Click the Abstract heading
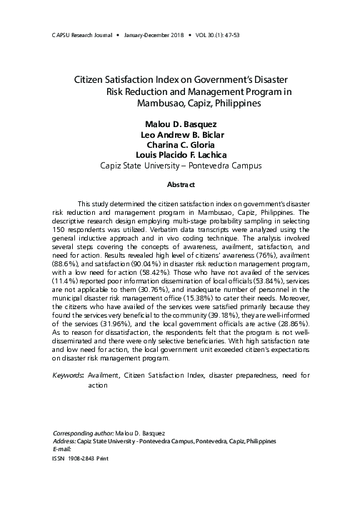[x=179, y=183]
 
